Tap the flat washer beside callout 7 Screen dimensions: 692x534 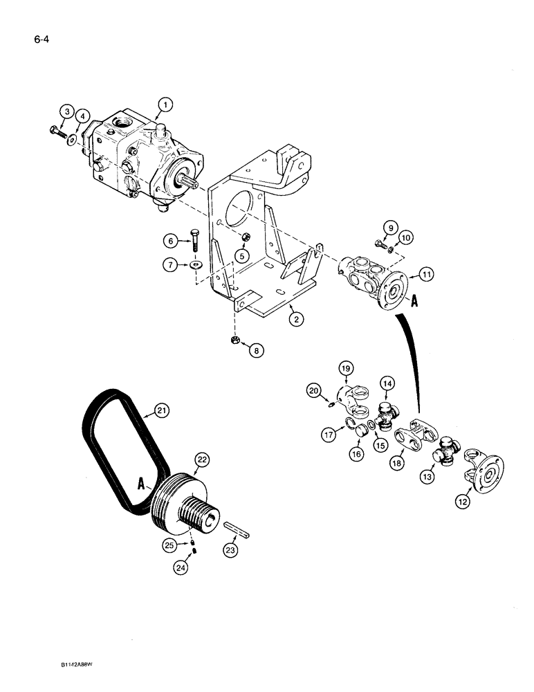[196, 264]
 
